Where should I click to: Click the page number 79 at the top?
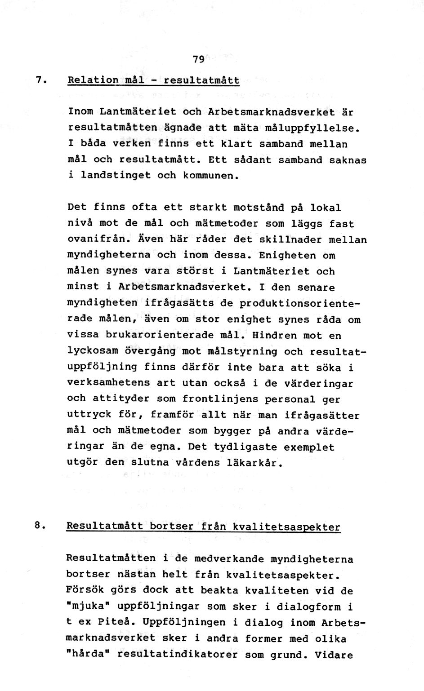coord(198,59)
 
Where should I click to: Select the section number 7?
coord(40,80)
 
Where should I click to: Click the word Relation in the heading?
coord(93,80)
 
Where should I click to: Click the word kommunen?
coord(209,176)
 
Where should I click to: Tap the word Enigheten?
coord(287,256)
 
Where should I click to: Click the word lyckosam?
coord(92,351)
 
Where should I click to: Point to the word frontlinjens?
coord(220,399)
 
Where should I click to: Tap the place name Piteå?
coord(116,623)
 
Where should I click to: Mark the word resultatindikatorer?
coord(177,655)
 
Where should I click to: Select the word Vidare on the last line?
coord(334,655)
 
